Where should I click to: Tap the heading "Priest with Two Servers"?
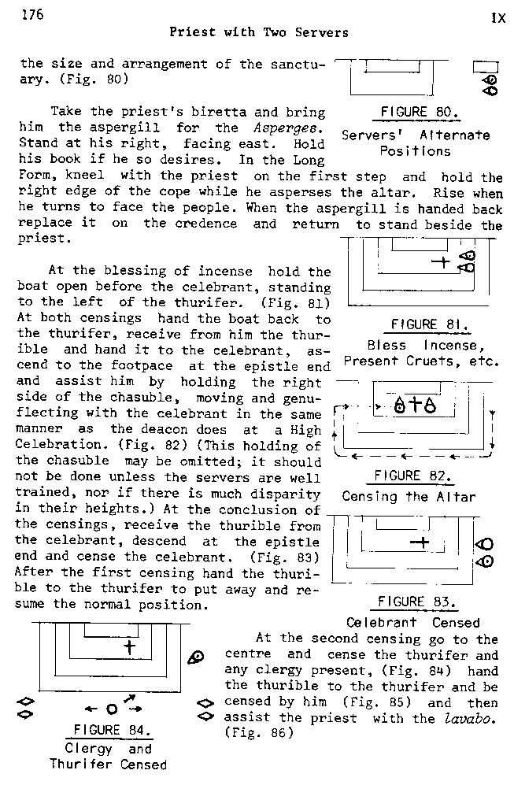coord(259,32)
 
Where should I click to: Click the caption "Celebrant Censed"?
coord(412,623)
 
